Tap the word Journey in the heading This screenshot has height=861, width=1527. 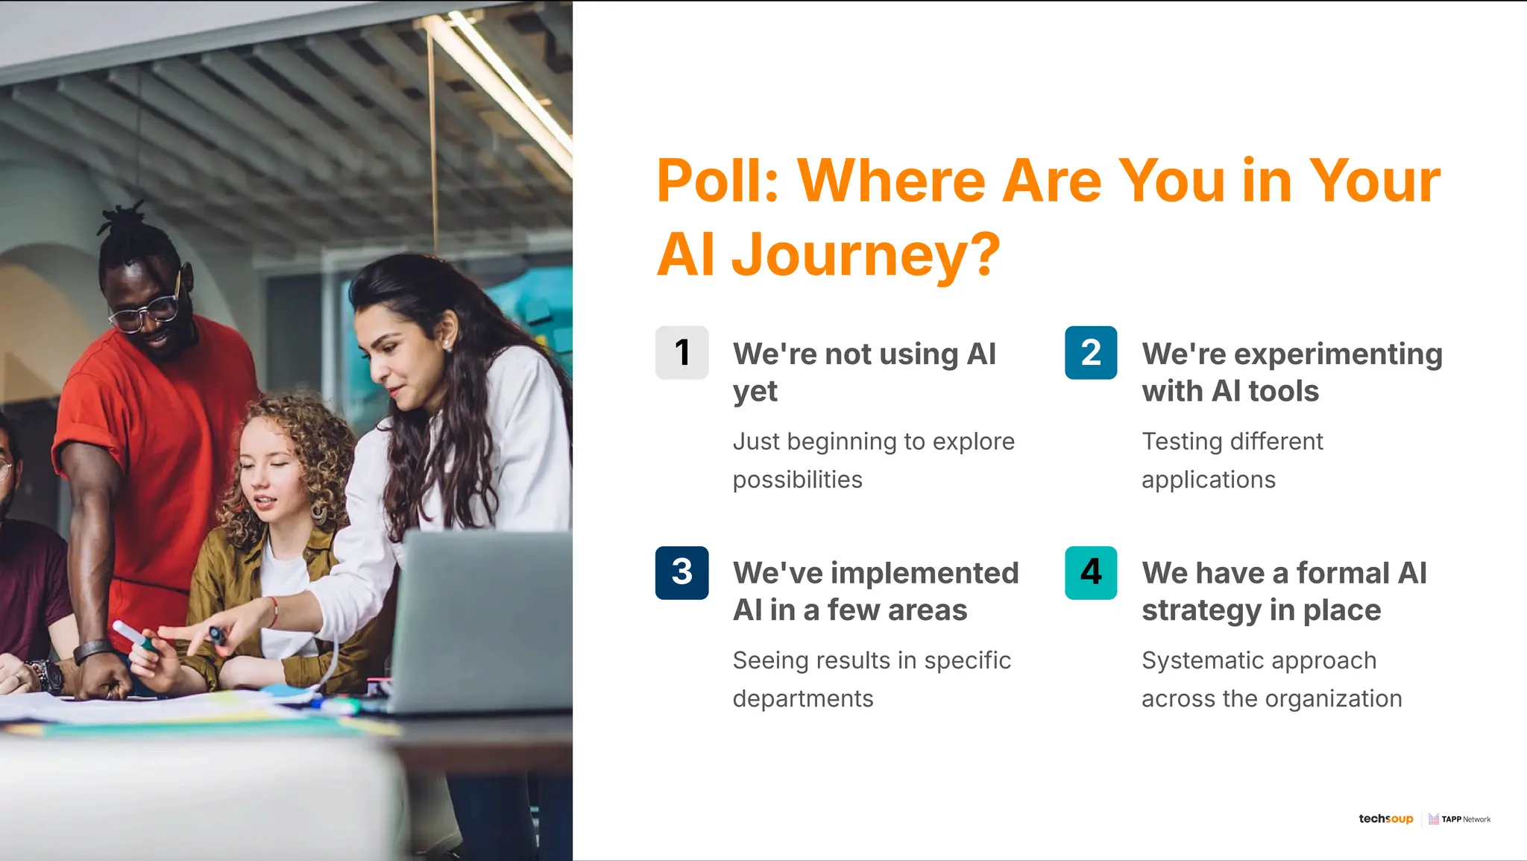(x=865, y=254)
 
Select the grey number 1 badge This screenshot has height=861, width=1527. (x=681, y=352)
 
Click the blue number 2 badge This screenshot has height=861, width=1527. (x=1090, y=352)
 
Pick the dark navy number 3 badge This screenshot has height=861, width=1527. (x=681, y=572)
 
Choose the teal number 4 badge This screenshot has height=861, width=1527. (x=1090, y=572)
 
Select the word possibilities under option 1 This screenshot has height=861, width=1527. (x=797, y=480)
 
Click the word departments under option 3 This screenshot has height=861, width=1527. (x=802, y=699)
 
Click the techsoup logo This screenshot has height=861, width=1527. (x=1385, y=818)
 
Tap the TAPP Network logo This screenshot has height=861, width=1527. (x=1460, y=819)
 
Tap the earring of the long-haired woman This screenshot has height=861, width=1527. (x=447, y=345)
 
